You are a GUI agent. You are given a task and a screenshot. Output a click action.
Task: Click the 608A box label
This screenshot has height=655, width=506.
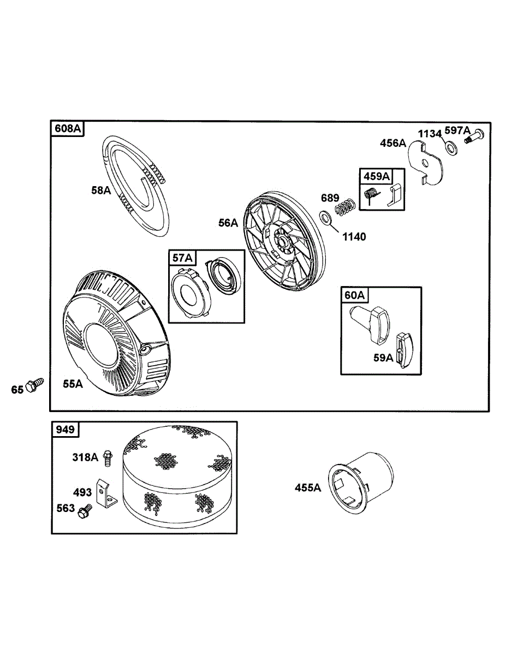pyautogui.click(x=68, y=129)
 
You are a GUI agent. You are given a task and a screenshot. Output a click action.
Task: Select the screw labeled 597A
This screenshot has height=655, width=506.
pyautogui.click(x=474, y=136)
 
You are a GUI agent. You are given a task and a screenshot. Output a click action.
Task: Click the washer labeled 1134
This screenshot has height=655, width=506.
pyautogui.click(x=451, y=147)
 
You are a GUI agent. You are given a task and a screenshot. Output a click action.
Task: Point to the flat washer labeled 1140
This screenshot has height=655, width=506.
pyautogui.click(x=325, y=219)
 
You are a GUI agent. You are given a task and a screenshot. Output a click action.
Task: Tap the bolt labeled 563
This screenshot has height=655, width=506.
pyautogui.click(x=85, y=511)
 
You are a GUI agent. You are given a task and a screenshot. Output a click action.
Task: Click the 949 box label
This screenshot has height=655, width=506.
pyautogui.click(x=65, y=430)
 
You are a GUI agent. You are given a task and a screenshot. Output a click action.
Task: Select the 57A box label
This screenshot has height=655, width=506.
pyautogui.click(x=182, y=258)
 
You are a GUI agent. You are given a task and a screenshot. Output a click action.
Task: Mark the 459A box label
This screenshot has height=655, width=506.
pyautogui.click(x=376, y=176)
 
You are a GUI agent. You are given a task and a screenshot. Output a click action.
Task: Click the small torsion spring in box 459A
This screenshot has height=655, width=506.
pyautogui.click(x=371, y=194)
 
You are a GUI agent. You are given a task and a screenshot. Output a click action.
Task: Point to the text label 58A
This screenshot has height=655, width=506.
pyautogui.click(x=102, y=190)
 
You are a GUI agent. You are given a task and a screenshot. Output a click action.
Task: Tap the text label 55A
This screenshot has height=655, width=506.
pyautogui.click(x=73, y=384)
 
